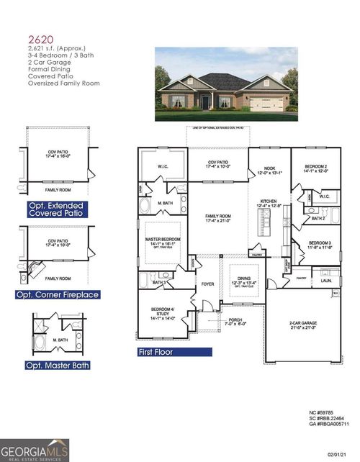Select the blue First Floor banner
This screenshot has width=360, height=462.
(x=175, y=353)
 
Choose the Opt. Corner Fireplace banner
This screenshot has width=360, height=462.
(x=58, y=295)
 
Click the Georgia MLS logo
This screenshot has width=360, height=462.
(x=35, y=450)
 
